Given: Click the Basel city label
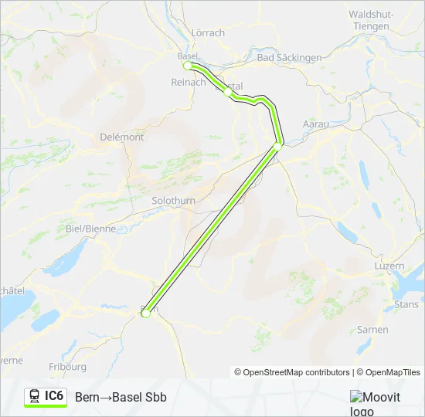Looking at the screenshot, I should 188,56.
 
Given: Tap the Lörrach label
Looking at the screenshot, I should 207,32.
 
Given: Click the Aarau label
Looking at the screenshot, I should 314,124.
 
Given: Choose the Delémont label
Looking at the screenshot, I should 122,137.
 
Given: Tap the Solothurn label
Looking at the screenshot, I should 174,201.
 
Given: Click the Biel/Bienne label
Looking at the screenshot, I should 91,229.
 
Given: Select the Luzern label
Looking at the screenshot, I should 388,266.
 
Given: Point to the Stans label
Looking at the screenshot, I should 406,304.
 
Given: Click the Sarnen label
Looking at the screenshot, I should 372,330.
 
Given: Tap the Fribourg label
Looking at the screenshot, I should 68,367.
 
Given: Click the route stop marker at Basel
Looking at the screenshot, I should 187,66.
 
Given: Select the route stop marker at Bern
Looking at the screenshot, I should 145,313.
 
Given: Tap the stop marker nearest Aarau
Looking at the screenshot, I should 278,145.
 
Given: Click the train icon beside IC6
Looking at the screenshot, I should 34,396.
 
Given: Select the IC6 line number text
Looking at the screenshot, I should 54,396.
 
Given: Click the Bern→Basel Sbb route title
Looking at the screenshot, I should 121,397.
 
